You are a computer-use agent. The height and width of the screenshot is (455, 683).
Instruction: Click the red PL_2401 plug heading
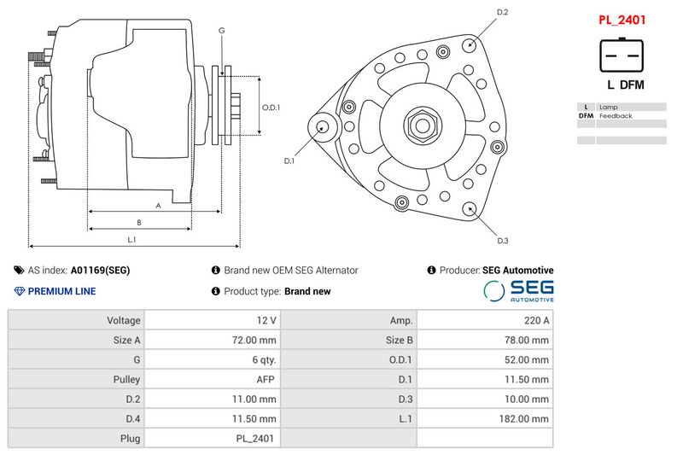pos(622,20)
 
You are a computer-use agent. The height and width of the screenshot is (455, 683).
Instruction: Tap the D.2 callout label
pos(502,12)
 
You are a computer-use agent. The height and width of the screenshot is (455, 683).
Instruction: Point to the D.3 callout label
pos(503,241)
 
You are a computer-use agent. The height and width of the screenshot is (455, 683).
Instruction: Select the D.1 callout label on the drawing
pos(289,160)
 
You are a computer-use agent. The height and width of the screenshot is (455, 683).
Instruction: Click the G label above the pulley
pos(222,31)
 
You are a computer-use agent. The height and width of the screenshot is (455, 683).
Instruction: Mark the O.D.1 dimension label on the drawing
pos(271,107)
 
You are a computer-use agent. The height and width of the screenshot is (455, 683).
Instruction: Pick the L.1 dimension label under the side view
pos(131,240)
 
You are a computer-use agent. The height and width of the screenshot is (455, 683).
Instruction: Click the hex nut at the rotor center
pos(422,125)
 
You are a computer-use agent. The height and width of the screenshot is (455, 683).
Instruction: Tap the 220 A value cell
pos(537,320)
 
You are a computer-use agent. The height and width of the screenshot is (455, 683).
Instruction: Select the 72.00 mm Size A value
pos(254,340)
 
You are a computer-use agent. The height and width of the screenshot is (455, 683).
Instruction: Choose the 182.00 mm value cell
pos(523,419)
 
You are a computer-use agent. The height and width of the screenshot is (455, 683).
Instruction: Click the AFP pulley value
pos(266,380)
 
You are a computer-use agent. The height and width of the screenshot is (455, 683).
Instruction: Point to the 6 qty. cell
pos(264,360)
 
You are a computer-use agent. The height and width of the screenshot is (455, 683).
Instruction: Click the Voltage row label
pos(124,320)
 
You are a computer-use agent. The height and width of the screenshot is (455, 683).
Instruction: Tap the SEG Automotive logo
pos(518,291)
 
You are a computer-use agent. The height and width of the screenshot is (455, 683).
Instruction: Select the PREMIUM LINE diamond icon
pos(19,291)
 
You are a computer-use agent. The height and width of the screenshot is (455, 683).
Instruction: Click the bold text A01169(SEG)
pos(100,271)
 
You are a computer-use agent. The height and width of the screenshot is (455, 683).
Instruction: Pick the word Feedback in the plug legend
pos(616,116)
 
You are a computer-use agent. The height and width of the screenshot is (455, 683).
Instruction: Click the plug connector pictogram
pos(622,55)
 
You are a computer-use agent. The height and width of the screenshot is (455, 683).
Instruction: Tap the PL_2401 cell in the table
pos(254,439)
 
